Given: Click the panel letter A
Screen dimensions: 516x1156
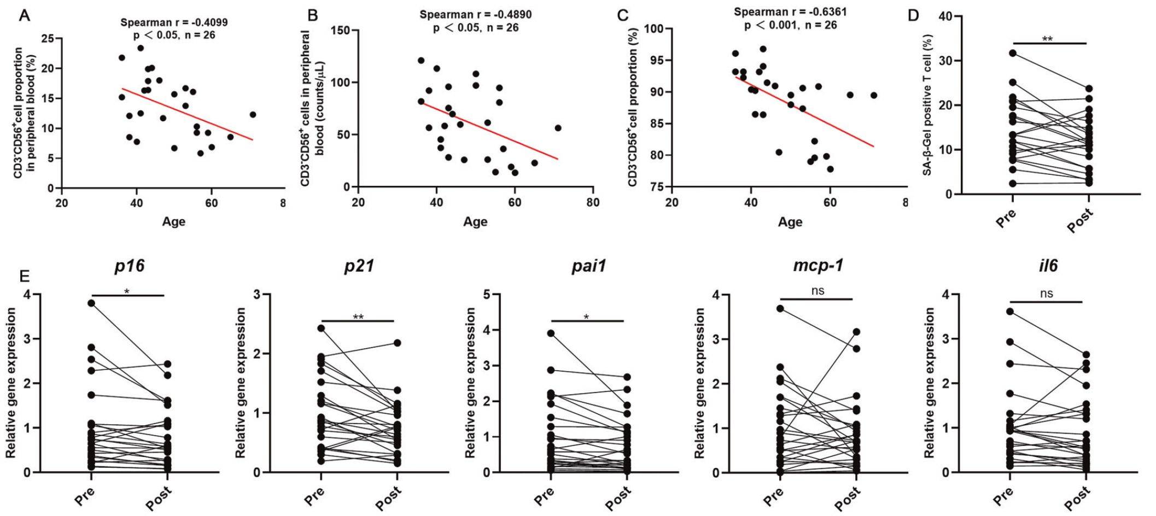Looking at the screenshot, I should (24, 15).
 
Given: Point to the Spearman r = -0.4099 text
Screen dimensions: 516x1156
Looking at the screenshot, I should (174, 22).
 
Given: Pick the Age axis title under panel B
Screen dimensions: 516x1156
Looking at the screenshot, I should (475, 222).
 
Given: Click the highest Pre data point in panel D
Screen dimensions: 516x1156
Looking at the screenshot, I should (1013, 53).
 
